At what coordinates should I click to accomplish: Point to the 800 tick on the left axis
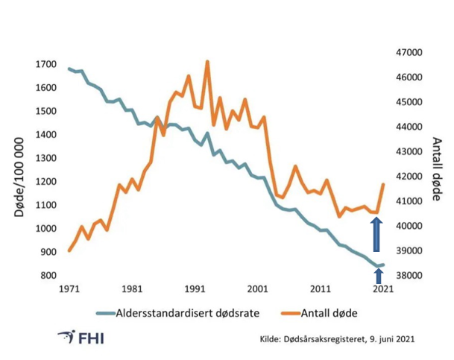click(49, 276)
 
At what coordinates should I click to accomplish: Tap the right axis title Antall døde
click(437, 170)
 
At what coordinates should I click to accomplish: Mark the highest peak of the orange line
click(206, 62)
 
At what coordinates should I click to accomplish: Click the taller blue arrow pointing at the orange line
click(377, 234)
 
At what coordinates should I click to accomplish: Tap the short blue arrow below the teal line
click(378, 274)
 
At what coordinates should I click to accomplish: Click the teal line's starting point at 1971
click(69, 69)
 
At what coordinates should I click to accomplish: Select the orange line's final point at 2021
click(383, 184)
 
